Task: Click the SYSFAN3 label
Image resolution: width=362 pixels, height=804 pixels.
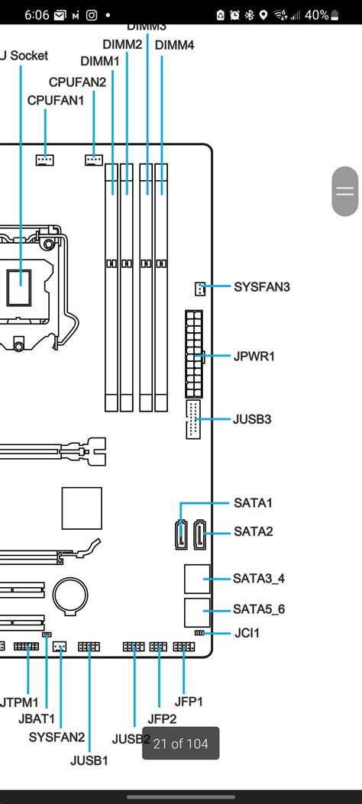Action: [x=262, y=287]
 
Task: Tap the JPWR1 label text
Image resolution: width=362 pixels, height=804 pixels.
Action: [x=254, y=357]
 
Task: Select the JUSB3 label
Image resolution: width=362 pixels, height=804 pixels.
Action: [x=252, y=419]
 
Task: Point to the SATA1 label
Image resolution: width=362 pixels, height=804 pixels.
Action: [x=253, y=503]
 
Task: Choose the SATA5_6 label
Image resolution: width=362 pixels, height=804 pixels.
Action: [x=259, y=609]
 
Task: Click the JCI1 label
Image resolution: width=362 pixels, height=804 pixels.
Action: [x=246, y=633]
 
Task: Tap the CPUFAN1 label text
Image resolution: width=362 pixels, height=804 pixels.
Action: [x=56, y=100]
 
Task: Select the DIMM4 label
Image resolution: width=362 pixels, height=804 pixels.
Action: [x=174, y=45]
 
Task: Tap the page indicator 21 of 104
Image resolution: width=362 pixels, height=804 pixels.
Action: [x=181, y=743]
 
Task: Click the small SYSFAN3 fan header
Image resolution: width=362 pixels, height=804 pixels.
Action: [x=199, y=289]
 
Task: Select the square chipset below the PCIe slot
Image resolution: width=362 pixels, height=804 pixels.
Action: [x=82, y=507]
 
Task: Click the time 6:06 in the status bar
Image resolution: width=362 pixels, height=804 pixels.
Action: [x=36, y=15]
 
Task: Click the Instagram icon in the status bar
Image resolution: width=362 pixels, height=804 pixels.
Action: [x=92, y=15]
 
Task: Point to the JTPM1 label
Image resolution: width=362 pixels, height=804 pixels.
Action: [x=20, y=700]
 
